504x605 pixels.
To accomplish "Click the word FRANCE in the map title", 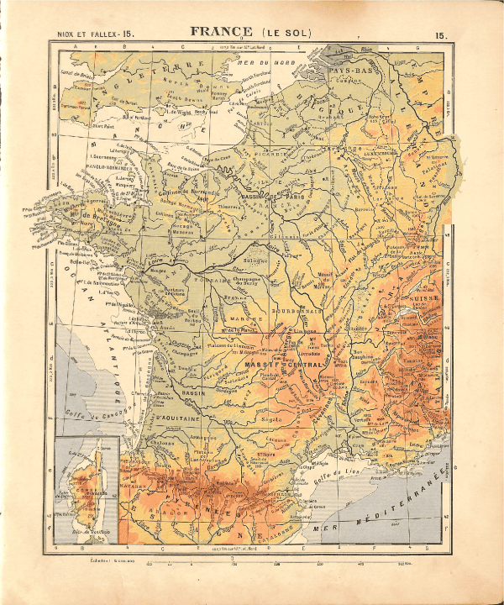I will coord(221,32).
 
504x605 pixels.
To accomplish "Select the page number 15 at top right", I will coord(440,34).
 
